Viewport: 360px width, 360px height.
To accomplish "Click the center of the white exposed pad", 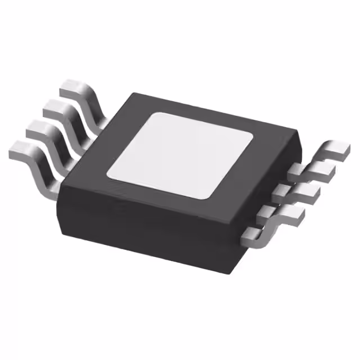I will [x=181, y=154].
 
